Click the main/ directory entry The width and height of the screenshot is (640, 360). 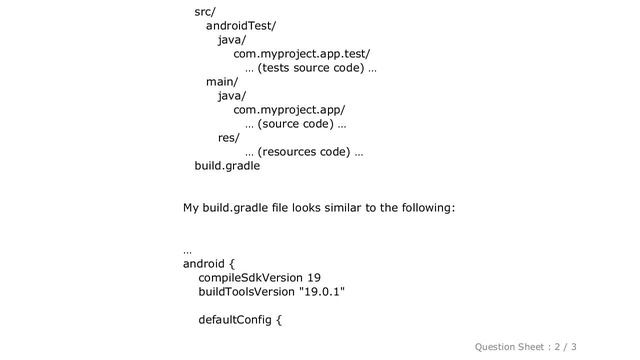pos(222,82)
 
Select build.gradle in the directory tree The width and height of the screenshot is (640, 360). pos(227,166)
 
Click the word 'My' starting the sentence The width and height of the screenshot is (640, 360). pos(192,208)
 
